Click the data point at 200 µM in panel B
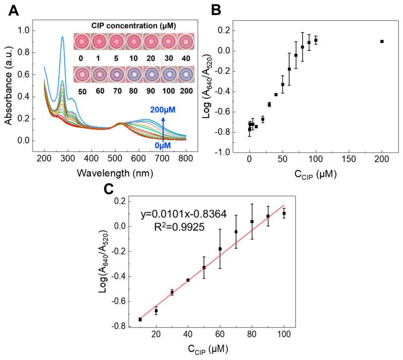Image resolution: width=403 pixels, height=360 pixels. click(382, 41)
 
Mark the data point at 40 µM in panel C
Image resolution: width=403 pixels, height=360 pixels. click(188, 280)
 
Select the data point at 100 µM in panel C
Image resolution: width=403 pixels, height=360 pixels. click(284, 213)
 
